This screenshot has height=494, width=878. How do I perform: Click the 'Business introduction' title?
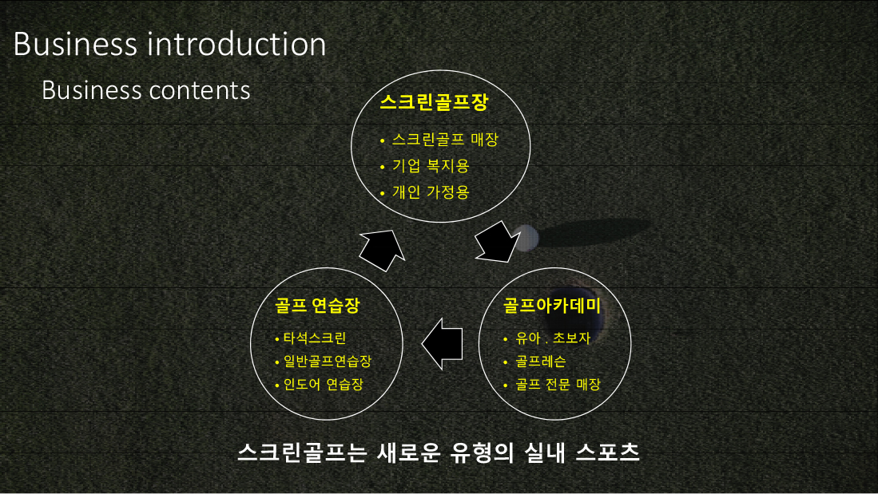(169, 44)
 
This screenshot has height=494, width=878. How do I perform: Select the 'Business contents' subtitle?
(146, 91)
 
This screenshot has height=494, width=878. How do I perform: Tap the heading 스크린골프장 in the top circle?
(434, 102)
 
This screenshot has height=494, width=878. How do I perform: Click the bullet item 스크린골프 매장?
(445, 140)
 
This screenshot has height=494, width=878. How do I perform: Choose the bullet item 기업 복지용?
(430, 166)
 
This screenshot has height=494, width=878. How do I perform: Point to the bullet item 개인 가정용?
(430, 192)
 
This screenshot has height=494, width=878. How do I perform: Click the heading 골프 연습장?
(317, 305)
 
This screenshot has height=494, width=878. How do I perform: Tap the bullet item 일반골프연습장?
(327, 361)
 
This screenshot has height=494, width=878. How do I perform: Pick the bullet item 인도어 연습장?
(323, 385)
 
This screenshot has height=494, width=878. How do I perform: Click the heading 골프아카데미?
(551, 305)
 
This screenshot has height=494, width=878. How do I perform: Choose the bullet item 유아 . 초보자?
(553, 338)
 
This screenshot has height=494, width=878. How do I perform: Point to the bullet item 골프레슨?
(540, 361)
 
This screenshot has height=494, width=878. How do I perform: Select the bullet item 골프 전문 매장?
(558, 385)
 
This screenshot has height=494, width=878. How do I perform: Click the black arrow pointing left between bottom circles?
(442, 343)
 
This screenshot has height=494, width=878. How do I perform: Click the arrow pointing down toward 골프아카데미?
(497, 243)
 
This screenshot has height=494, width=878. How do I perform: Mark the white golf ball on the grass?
(526, 238)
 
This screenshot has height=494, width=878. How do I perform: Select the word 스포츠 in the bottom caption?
(607, 452)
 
